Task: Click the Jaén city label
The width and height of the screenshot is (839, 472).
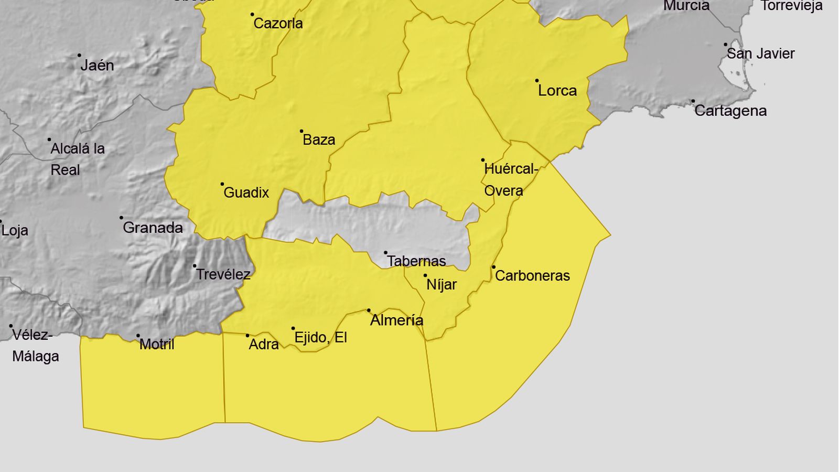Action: coord(97,65)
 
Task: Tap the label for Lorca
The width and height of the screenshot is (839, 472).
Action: coord(557,90)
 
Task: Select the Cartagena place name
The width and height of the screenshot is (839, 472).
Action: coord(730,111)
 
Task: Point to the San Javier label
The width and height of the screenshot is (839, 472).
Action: coord(760,53)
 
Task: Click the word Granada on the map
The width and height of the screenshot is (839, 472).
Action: coord(153,228)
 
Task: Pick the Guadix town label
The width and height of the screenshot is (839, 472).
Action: coord(246,192)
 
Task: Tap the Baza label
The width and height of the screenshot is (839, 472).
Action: coord(319,140)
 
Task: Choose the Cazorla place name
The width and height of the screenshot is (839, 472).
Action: coord(278,23)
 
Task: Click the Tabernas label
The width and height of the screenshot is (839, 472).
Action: coord(416,261)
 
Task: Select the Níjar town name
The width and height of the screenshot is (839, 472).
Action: coord(442,284)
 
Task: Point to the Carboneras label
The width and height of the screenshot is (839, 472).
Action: coord(532,275)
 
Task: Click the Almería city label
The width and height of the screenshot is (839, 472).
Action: coord(396,320)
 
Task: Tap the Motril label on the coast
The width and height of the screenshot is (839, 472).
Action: coord(157,344)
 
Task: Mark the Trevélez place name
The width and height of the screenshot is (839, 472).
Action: coord(223,274)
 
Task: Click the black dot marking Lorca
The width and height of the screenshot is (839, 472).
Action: coord(537,81)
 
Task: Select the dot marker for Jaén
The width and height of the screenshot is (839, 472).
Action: coord(79,55)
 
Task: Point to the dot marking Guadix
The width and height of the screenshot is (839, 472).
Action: coord(222,184)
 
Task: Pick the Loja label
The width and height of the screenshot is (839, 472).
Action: coord(15,230)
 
